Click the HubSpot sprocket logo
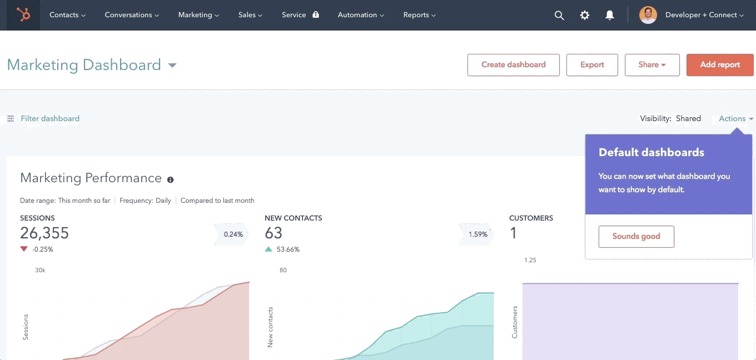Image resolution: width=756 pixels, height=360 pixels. pos(23,15)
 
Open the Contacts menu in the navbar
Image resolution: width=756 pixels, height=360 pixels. pos(67,15)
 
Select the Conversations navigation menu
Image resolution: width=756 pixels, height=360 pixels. pos(132,15)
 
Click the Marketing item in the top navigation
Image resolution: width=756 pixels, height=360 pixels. pos(198,15)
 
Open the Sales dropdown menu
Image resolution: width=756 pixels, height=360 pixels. pos(250,15)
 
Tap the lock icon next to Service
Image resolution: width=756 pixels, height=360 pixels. pos(316,15)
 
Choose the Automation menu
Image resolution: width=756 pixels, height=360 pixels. pos(361,15)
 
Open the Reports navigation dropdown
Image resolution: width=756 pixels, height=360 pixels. pos(420,15)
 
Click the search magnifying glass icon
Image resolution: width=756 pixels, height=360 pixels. pos(559,16)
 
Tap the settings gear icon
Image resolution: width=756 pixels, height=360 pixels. pos(585,16)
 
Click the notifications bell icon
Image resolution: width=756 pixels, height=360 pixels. pos(610,16)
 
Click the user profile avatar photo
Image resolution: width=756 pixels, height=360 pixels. pos(648,15)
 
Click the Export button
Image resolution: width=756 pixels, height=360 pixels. pos(592,64)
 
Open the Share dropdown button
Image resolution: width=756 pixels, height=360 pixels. pos(652,64)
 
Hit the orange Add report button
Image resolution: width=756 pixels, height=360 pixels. pos(720,64)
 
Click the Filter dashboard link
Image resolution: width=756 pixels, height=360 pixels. pos(49,118)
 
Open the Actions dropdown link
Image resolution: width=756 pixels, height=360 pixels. pos(735,118)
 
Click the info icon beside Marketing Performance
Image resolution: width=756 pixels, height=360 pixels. pos(170,179)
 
